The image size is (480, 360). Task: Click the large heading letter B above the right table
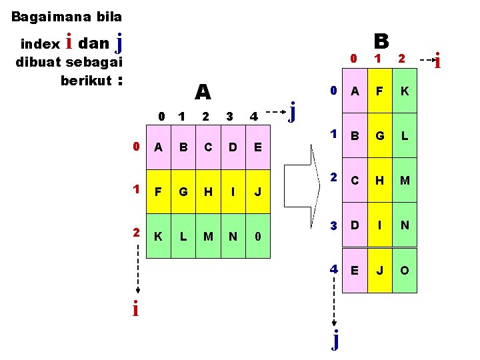(381, 41)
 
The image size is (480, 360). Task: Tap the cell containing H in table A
(208, 192)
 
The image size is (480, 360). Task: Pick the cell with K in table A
(159, 236)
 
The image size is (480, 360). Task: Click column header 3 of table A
(229, 117)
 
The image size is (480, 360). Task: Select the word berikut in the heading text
(85, 81)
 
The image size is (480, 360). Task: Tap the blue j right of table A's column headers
(292, 110)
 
